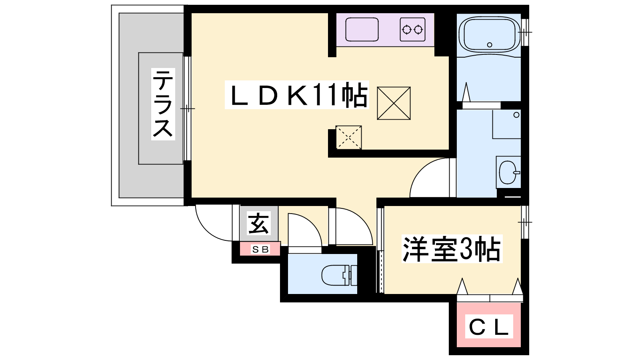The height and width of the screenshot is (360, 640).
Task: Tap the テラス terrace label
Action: tap(163, 104)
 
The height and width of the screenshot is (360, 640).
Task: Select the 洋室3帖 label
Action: tap(452, 248)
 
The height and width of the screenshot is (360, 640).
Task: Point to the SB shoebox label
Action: tap(260, 250)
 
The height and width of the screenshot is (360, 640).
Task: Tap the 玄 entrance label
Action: tap(258, 224)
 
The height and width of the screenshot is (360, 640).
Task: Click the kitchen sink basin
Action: tap(362, 30)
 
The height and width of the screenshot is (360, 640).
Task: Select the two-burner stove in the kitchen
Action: tap(412, 30)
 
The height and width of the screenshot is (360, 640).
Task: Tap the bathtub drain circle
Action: tap(490, 44)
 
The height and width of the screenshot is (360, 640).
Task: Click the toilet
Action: tap(339, 276)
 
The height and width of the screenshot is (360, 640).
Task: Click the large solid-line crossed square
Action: tap(394, 103)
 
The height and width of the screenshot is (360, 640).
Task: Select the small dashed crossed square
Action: tap(348, 138)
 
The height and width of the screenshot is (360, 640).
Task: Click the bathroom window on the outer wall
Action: tap(525, 32)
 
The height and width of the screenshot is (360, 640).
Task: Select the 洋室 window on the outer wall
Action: tap(525, 222)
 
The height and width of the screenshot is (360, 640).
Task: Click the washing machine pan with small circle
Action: tap(506, 124)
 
